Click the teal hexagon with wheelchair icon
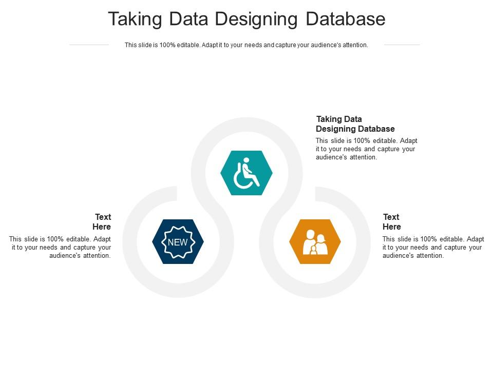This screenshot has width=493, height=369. pyautogui.click(x=246, y=173)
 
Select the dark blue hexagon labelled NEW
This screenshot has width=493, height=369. pyautogui.click(x=178, y=241)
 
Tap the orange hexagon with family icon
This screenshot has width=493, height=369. pyautogui.click(x=315, y=241)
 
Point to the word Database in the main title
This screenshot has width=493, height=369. pyautogui.click(x=346, y=19)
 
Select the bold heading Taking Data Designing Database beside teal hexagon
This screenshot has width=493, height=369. pyautogui.click(x=355, y=124)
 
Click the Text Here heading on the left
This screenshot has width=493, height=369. pyautogui.click(x=102, y=222)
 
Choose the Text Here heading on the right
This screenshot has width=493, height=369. pyautogui.click(x=392, y=222)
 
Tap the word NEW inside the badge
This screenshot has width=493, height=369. pyautogui.click(x=178, y=242)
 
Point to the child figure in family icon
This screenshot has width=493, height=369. pyautogui.click(x=313, y=250)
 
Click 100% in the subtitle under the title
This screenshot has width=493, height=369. pyautogui.click(x=167, y=45)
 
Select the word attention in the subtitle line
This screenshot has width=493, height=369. pyautogui.click(x=355, y=45)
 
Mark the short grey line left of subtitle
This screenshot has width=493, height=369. pyautogui.click(x=89, y=45)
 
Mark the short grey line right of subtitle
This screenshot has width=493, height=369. pyautogui.click(x=402, y=45)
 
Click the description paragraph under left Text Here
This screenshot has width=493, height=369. pyautogui.click(x=61, y=247)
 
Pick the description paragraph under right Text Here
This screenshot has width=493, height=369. pyautogui.click(x=433, y=247)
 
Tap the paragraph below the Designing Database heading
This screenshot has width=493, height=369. pyautogui.click(x=366, y=149)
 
